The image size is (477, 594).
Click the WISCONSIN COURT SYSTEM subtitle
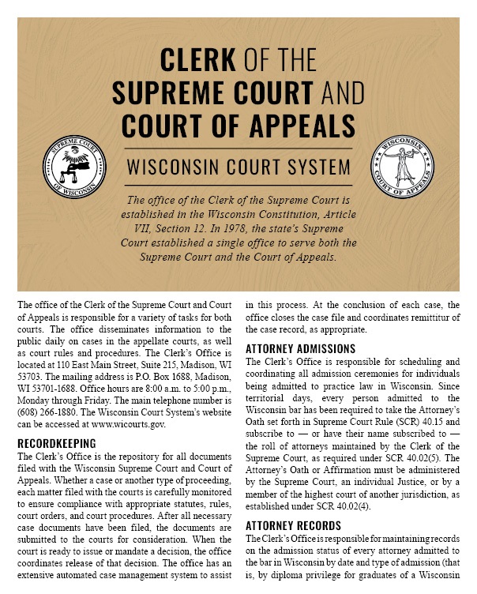[x=238, y=167]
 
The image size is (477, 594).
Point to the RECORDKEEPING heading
[x=56, y=444]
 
